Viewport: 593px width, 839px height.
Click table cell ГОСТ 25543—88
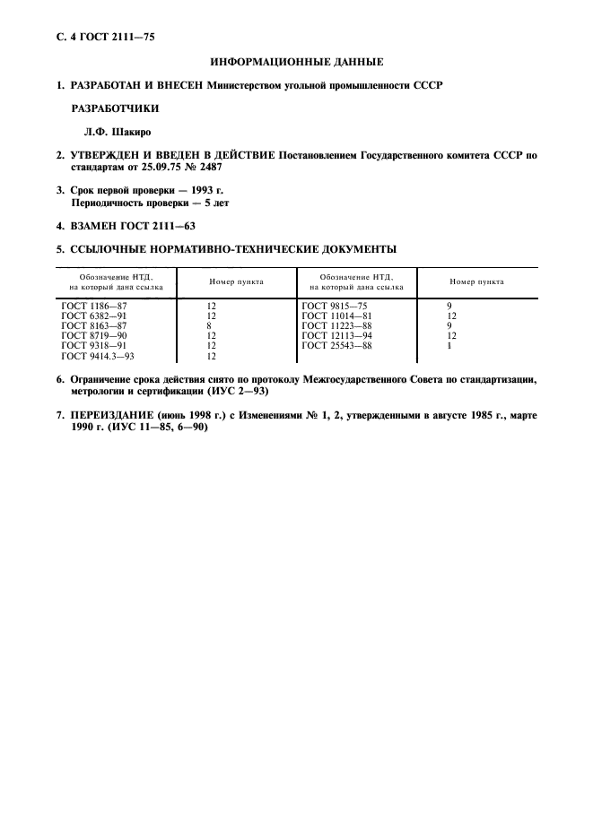(x=336, y=346)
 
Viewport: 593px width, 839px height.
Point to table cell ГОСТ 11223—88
(x=336, y=326)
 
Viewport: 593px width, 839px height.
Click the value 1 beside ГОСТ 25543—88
(x=449, y=346)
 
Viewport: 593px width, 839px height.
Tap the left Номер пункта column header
(x=237, y=281)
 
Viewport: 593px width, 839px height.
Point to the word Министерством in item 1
(x=248, y=86)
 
